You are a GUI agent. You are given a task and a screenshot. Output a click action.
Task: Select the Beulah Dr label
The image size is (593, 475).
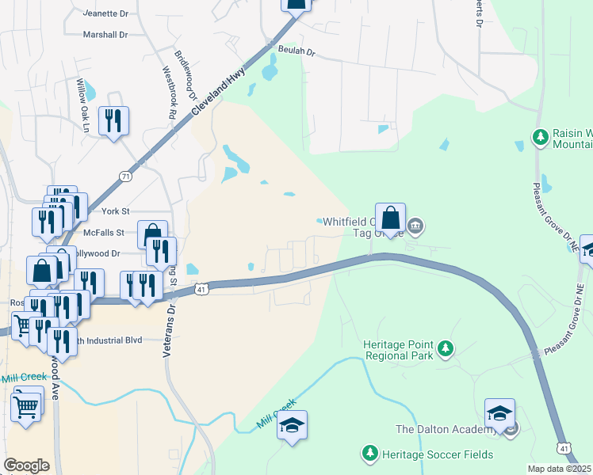coord(297,51)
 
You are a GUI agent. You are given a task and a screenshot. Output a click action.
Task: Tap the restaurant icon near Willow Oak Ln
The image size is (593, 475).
coord(113,120)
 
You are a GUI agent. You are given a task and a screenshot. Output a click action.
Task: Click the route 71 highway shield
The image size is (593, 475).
coord(125,176)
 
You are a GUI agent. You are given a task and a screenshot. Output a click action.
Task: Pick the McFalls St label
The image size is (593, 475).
coord(105,233)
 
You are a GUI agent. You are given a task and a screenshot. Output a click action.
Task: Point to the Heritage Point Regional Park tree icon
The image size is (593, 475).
coord(446,348)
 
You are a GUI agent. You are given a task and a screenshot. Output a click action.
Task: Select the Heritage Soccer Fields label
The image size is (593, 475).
coord(438,454)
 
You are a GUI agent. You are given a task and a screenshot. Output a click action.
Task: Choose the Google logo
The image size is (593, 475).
coord(26,465)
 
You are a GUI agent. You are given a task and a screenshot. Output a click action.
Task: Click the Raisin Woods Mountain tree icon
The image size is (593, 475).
coord(541,138)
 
